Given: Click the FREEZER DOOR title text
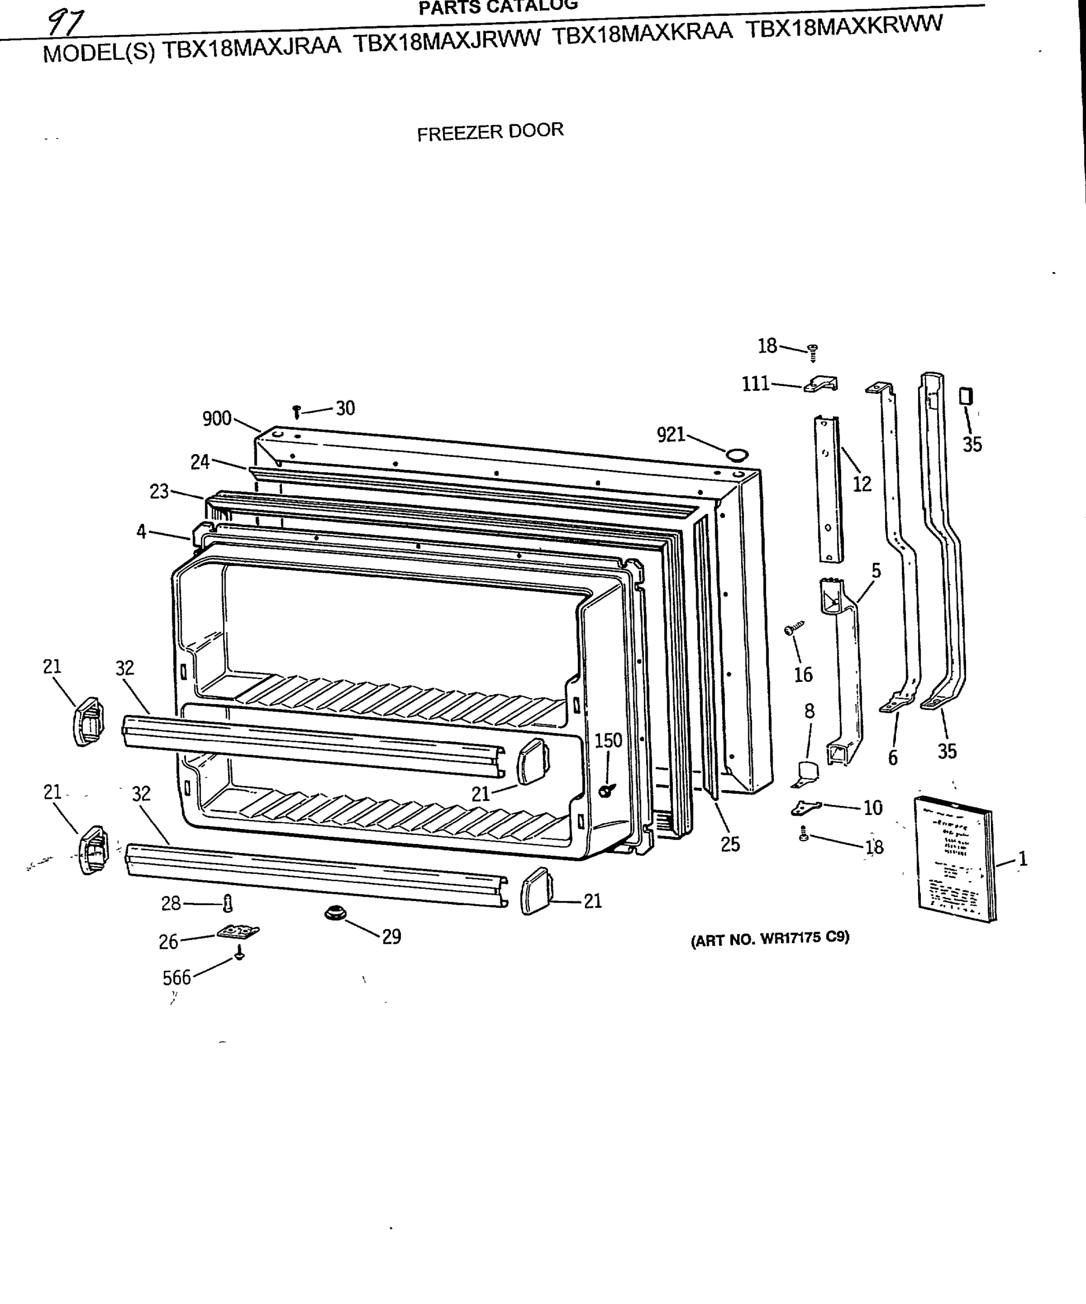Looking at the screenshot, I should point(490,131).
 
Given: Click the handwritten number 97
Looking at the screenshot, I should point(66,23).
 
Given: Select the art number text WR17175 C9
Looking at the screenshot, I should point(769,938).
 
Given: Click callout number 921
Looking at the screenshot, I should point(670,435).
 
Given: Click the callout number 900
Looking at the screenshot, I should point(217,418).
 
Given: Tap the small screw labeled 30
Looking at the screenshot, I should point(296,411).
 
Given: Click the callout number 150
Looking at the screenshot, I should point(608,740).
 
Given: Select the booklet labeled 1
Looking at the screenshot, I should point(956,857).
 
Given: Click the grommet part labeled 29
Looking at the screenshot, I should point(335,913).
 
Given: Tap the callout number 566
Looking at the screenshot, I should point(176,978).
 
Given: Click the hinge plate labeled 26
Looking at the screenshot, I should point(238,931).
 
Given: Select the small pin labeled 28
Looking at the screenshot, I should point(227,903).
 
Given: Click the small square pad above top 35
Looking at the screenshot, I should point(965,396).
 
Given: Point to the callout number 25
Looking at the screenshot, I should point(730,844).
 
